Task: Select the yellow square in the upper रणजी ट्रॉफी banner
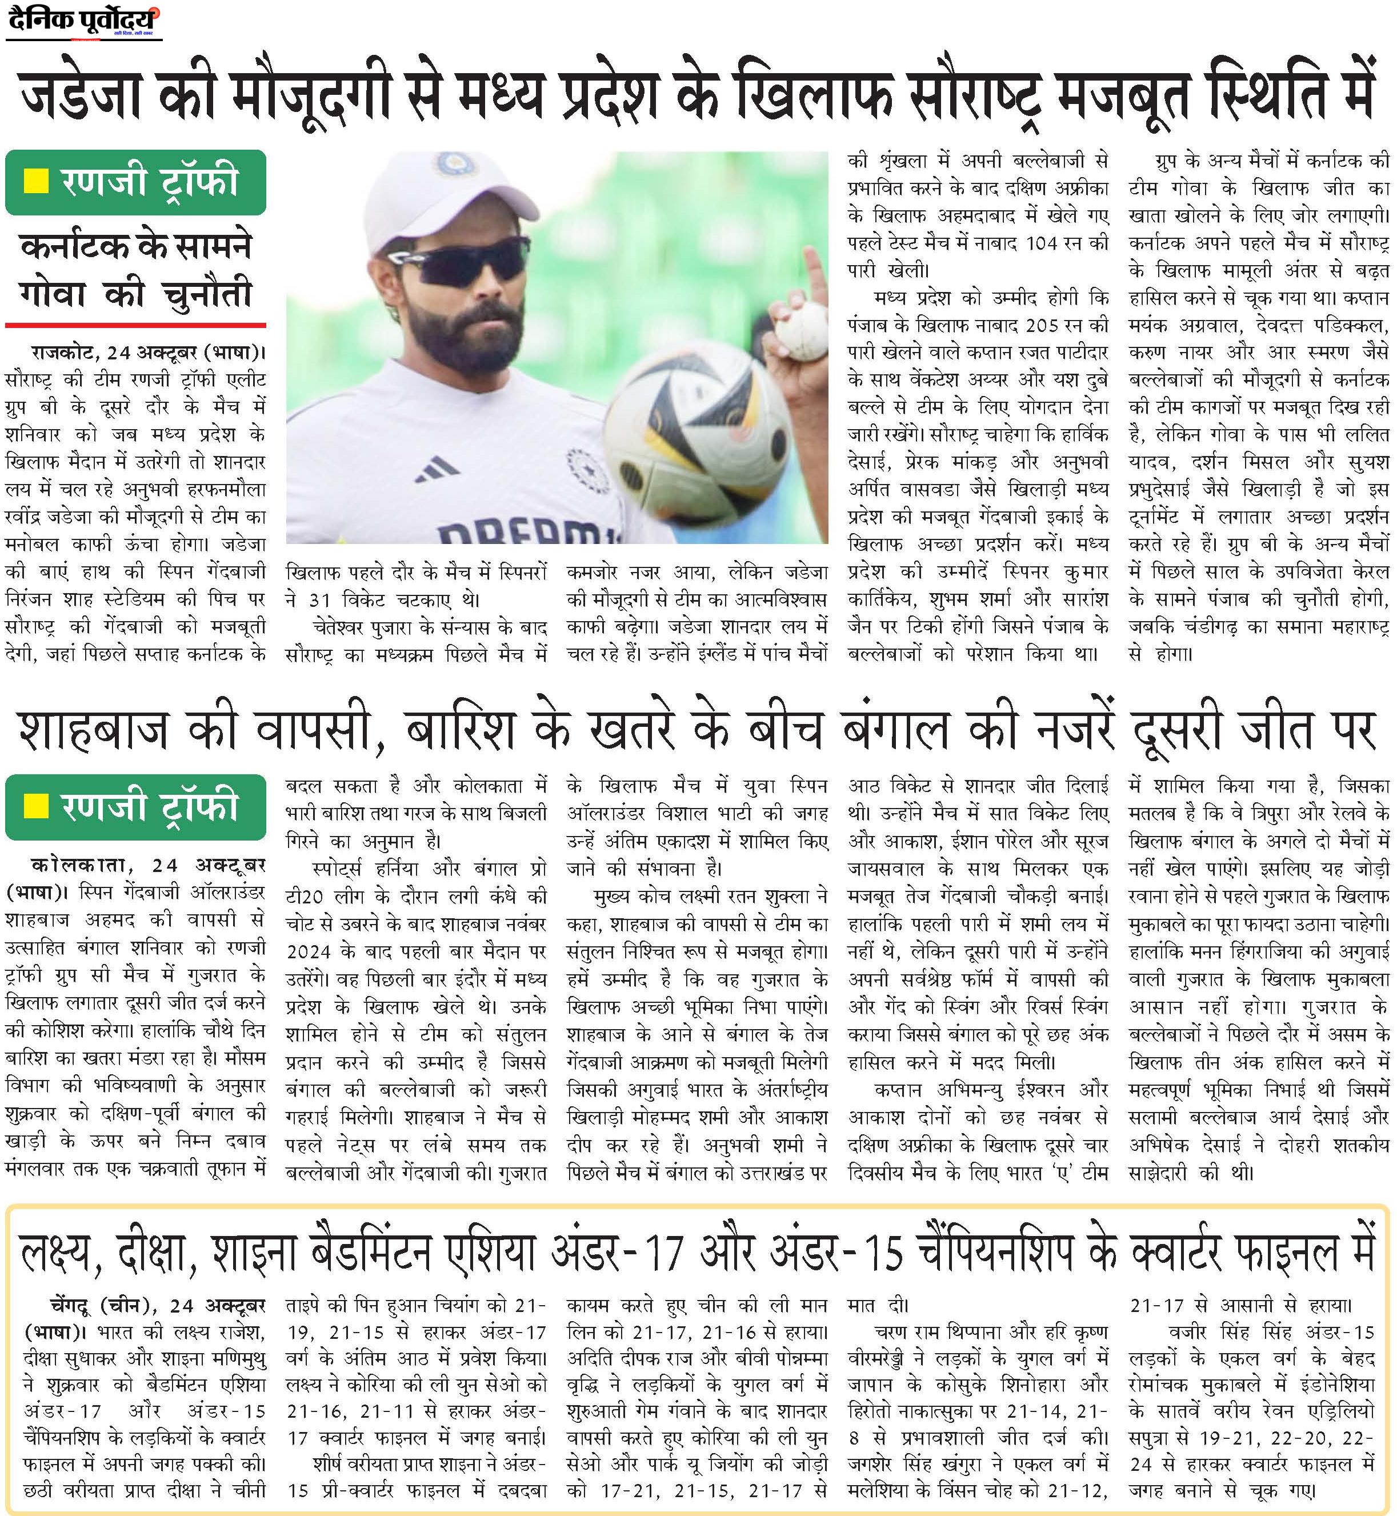[x=37, y=182]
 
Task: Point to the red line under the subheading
[x=135, y=325]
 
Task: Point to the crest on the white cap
[x=454, y=162]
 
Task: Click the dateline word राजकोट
[x=63, y=353]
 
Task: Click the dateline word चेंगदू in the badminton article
[x=70, y=1306]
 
